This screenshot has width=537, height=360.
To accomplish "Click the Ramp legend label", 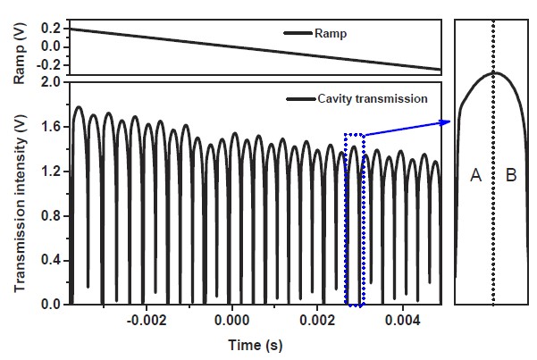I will point(330,33).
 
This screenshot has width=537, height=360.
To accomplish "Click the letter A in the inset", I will point(475,177).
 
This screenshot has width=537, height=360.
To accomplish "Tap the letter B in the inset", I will point(511,177).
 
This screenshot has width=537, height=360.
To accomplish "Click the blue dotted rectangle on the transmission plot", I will point(355,220).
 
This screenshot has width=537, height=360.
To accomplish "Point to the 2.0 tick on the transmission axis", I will point(50,82).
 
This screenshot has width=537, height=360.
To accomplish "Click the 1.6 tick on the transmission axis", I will point(50,127).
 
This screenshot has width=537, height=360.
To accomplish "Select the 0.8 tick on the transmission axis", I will point(50,216).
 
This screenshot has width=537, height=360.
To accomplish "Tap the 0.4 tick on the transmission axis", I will point(50,261).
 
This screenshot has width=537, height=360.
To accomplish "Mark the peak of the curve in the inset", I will point(494,73).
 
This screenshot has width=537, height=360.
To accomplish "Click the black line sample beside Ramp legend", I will point(295,33).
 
